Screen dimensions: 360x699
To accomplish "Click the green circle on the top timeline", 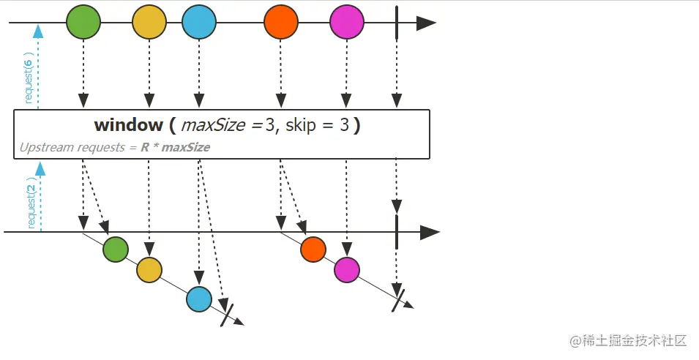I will tap(83, 23).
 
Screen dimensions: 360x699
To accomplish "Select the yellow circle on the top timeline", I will tap(149, 23).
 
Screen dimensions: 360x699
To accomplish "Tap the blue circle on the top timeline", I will tap(199, 23).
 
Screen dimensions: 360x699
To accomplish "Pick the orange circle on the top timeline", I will tap(281, 23).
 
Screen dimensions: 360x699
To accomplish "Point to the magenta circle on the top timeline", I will tap(347, 23).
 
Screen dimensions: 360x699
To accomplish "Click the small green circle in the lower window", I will tap(116, 250).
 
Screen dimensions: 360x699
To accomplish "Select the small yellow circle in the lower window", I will tap(149, 270).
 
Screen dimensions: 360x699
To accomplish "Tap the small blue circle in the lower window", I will tap(199, 299).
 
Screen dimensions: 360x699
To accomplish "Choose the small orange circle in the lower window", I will tap(313, 250).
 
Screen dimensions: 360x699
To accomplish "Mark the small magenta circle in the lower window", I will tap(347, 270).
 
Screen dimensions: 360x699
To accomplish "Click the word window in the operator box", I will tap(128, 126).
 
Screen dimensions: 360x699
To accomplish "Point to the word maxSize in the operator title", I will tap(213, 126).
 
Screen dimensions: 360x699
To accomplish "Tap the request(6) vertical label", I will tap(29, 78).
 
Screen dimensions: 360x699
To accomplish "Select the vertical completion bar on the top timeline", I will tap(396, 23).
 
